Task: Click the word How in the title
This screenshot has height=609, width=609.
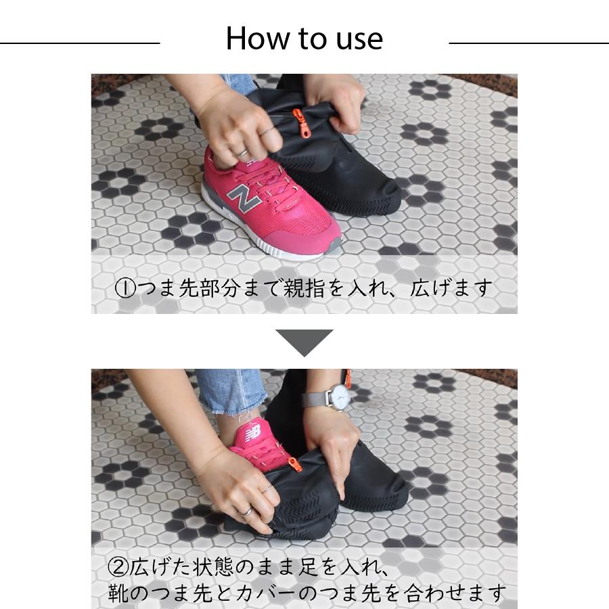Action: pyautogui.click(x=254, y=39)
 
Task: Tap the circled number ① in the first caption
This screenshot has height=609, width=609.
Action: pyautogui.click(x=125, y=289)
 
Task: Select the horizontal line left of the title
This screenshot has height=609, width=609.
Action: pyautogui.click(x=80, y=43)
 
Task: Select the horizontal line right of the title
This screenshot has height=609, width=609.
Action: pyautogui.click(x=528, y=43)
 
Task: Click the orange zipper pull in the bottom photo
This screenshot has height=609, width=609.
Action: pyautogui.click(x=294, y=465)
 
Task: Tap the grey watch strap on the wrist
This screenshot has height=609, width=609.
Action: pyautogui.click(x=313, y=400)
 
